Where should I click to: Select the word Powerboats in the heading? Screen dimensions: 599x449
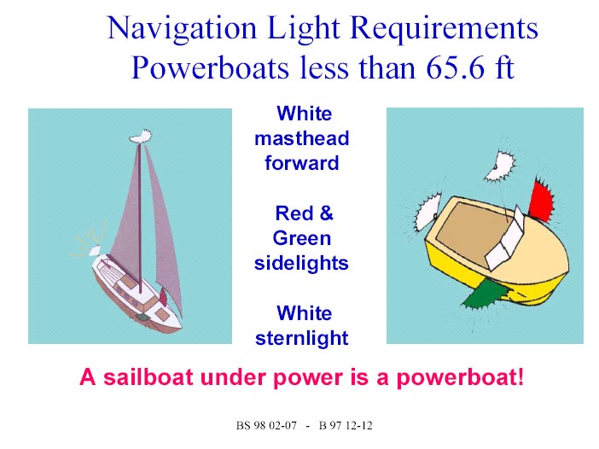point(210,67)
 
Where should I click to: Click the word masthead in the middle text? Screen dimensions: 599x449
point(302,138)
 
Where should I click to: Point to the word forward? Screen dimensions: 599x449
point(302,163)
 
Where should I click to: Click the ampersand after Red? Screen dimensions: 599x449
point(326,213)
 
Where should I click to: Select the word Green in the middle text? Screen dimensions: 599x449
point(302,238)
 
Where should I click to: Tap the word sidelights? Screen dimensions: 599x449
point(301,263)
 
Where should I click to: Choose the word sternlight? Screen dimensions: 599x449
point(302,338)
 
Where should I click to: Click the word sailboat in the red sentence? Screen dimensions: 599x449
point(148,377)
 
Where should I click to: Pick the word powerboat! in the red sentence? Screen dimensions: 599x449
point(460,378)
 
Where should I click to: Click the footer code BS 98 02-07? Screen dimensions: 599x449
point(266,426)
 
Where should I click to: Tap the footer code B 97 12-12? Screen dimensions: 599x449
point(346,426)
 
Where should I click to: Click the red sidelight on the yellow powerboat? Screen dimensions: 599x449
point(540,201)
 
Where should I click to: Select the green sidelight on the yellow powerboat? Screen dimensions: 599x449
point(486,294)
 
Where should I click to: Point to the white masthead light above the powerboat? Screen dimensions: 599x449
point(500,166)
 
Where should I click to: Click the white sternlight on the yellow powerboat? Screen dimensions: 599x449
point(427,212)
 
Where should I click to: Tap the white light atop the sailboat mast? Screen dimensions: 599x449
point(141,137)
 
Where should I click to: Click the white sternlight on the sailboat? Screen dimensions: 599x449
point(95,251)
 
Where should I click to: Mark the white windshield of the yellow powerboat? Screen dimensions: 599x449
point(504,241)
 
